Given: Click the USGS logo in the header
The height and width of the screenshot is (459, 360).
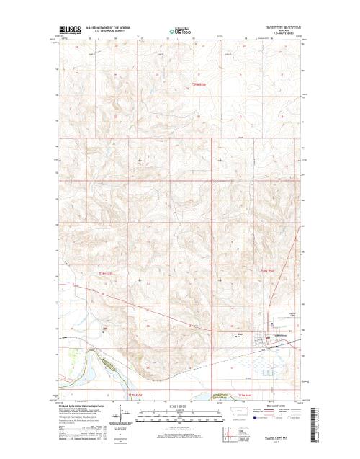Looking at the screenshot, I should coord(71,31).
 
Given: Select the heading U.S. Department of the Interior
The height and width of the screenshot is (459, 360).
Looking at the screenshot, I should coord(107,29).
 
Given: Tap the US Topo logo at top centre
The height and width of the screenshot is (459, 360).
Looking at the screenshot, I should coord(180,31).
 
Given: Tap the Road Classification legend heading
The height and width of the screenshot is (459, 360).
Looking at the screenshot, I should coord(282,406).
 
